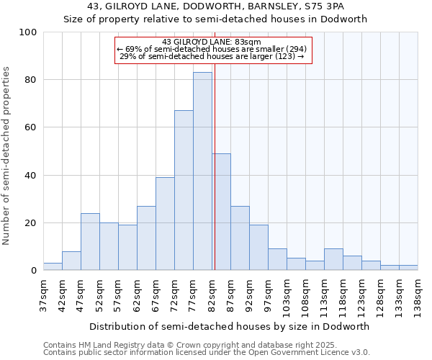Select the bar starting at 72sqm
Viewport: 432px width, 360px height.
(184, 190)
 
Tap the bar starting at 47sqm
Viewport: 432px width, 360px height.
(90, 242)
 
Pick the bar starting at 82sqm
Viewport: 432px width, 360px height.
(221, 212)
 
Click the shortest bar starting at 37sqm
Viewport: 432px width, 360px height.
(53, 266)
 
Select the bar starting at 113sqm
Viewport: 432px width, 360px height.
(333, 259)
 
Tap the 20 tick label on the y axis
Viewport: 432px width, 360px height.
(31, 223)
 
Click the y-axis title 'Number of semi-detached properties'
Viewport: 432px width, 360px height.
(7, 156)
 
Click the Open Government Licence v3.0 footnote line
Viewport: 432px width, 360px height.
(207, 352)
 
